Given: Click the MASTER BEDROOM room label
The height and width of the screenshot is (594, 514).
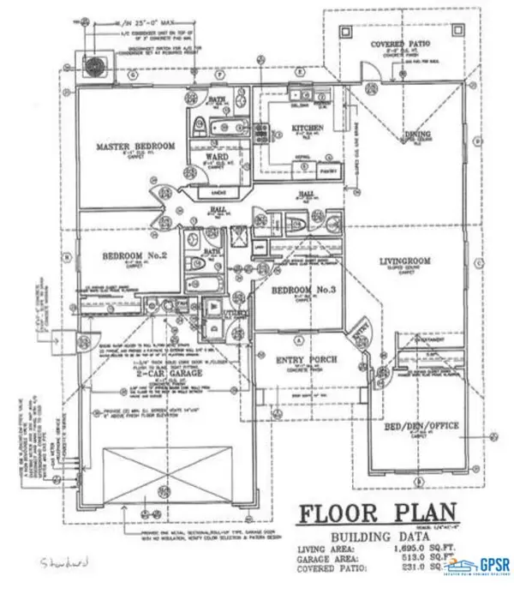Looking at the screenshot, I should [x=135, y=147].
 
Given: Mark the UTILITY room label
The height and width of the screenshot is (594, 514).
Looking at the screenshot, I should [x=236, y=315].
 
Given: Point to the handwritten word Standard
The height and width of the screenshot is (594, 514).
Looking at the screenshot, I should [x=64, y=563].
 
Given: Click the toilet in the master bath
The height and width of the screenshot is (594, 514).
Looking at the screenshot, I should [x=194, y=120].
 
